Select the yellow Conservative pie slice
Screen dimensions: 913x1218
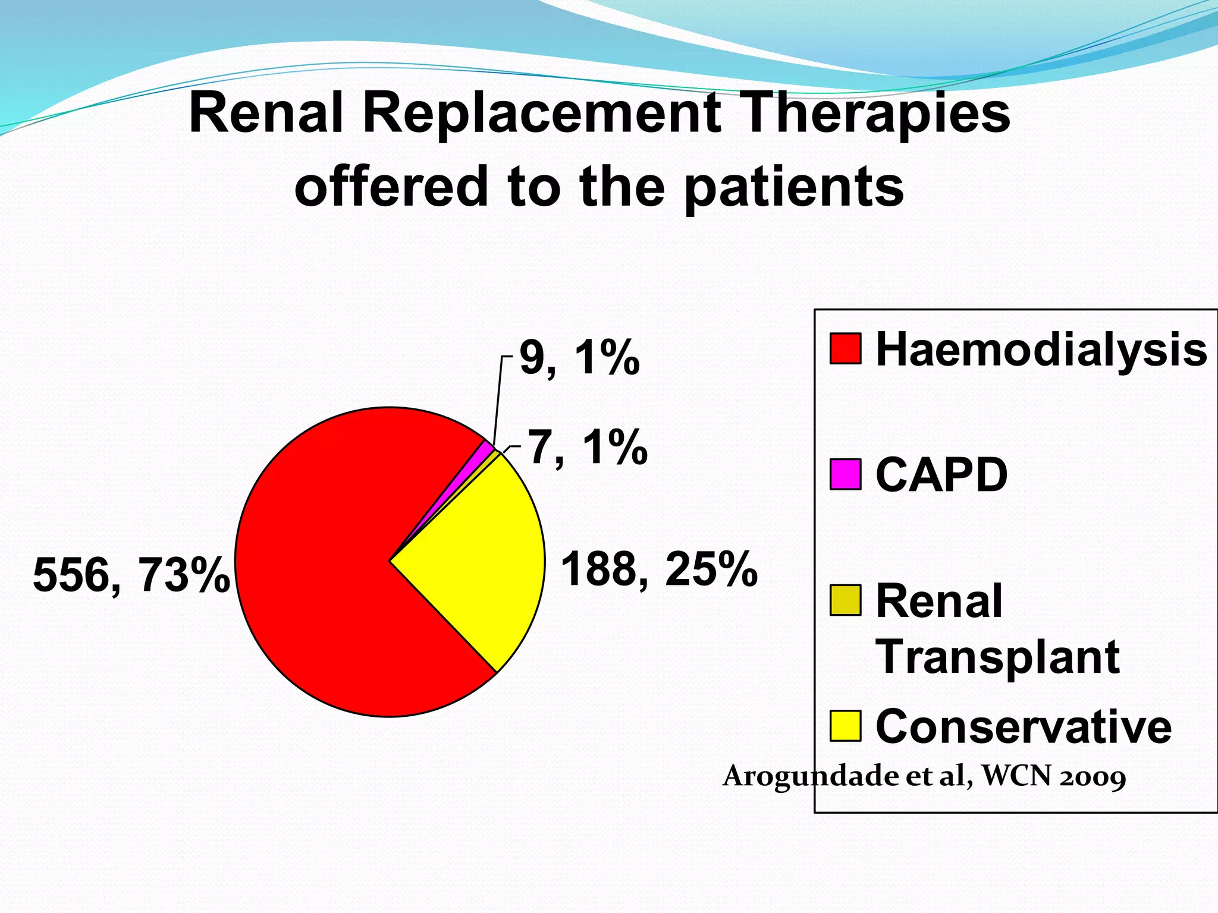[476, 559]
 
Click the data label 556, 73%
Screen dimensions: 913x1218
[131, 575]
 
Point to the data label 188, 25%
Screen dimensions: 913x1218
[659, 569]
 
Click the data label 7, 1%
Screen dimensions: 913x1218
[588, 448]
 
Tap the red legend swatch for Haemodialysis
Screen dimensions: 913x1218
[845, 349]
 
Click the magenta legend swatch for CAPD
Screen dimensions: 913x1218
[845, 474]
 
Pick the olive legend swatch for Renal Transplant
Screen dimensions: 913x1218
[845, 600]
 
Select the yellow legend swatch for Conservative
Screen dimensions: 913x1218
[845, 726]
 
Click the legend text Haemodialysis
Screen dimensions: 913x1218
[1041, 350]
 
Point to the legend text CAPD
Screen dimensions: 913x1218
[941, 475]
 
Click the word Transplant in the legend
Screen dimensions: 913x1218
[997, 657]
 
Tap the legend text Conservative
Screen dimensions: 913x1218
[1023, 726]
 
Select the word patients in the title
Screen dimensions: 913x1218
[794, 187]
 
